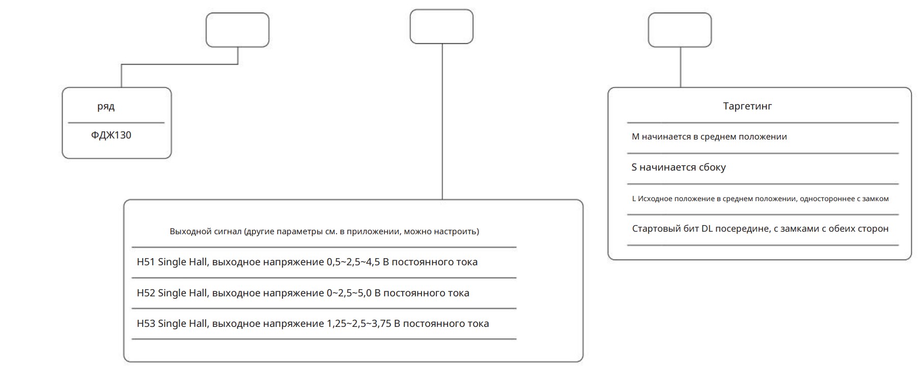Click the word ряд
tap(106, 107)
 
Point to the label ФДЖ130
tap(111, 135)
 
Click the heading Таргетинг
tap(747, 106)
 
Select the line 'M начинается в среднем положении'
tap(709, 136)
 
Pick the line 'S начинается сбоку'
tap(679, 167)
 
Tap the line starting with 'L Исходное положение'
tap(760, 199)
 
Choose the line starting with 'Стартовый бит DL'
tap(760, 229)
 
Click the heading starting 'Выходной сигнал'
tap(324, 231)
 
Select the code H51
tap(146, 262)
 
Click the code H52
tap(146, 293)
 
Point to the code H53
tap(146, 324)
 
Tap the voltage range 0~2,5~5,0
tap(349, 293)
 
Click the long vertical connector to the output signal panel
tap(442, 122)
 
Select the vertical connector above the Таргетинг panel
tap(680, 67)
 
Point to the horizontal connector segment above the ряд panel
tap(180, 65)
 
